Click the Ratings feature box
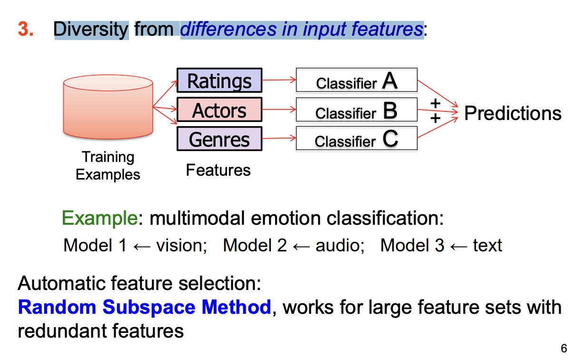(219, 80)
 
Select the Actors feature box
(219, 110)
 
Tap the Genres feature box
(219, 139)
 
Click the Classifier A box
(356, 80)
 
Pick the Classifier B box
(356, 110)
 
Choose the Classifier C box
(356, 139)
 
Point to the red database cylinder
(108, 109)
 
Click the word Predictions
(513, 113)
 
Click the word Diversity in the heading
(91, 30)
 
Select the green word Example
(99, 219)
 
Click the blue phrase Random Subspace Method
(144, 307)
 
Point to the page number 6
(564, 347)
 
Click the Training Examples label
(108, 166)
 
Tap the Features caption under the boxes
(218, 170)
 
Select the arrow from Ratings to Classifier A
(279, 80)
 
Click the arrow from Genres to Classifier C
(279, 139)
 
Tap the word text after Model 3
(487, 245)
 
